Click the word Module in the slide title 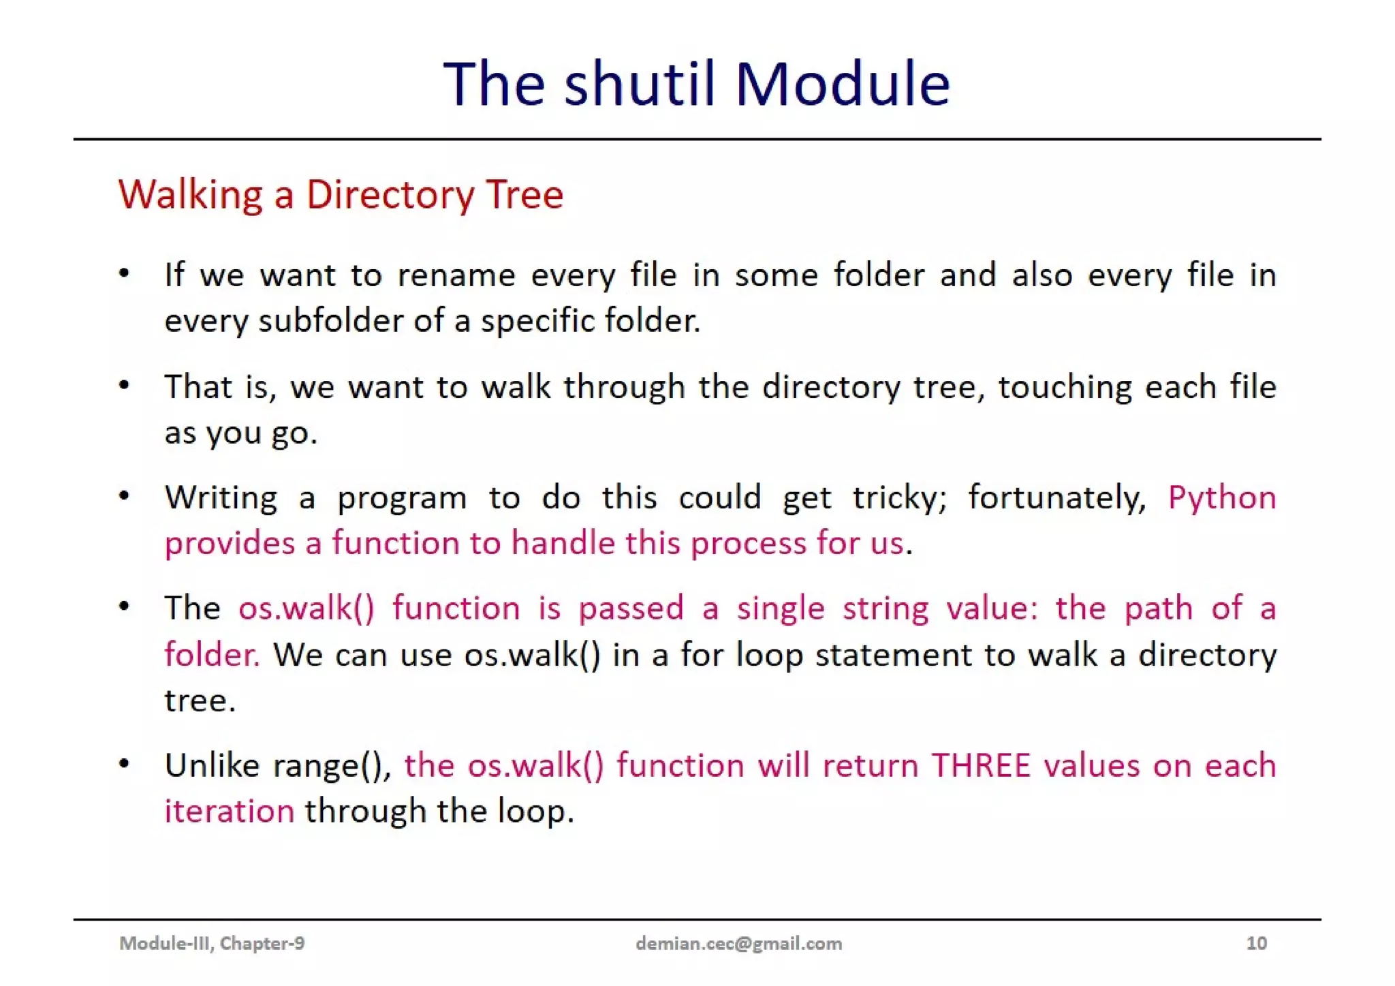click(842, 84)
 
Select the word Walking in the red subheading click(191, 195)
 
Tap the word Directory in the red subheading click(390, 195)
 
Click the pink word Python click(1222, 498)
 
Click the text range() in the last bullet click(332, 766)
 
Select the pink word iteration click(230, 812)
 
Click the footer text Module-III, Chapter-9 click(212, 943)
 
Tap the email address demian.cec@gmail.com click(738, 943)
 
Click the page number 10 click(1256, 943)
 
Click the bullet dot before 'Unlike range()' click(124, 764)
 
